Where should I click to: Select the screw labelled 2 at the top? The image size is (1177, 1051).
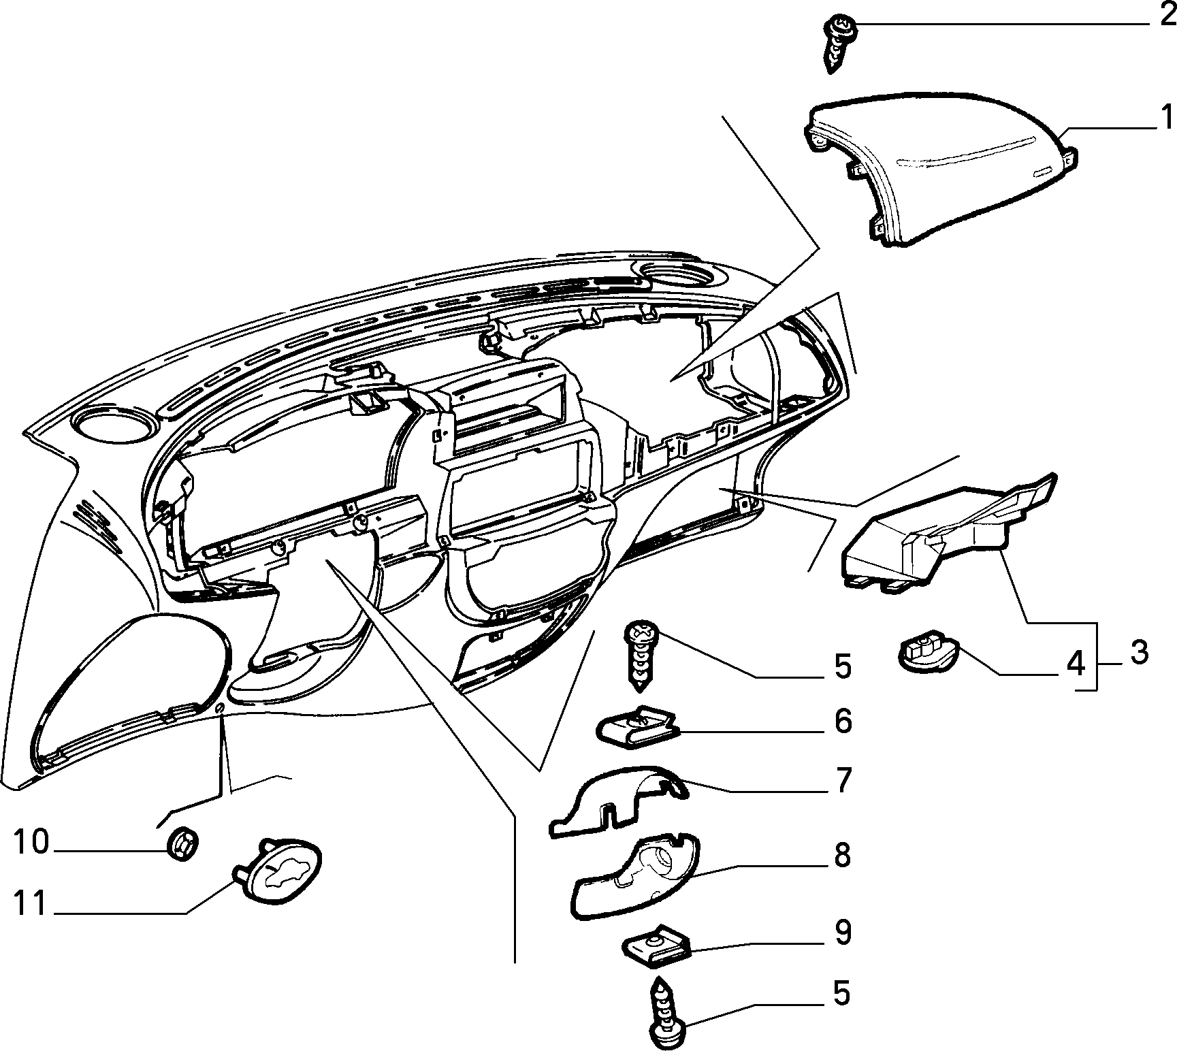[x=839, y=44]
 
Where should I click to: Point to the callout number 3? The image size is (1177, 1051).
[x=1135, y=652]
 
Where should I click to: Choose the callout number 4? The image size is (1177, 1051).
[x=1075, y=663]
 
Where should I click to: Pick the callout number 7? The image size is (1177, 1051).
[x=843, y=781]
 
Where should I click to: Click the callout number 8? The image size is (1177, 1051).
[x=843, y=856]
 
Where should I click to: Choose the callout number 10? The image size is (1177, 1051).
[x=31, y=842]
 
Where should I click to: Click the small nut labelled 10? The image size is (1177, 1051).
[x=182, y=844]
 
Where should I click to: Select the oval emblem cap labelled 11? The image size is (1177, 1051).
[x=278, y=873]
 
